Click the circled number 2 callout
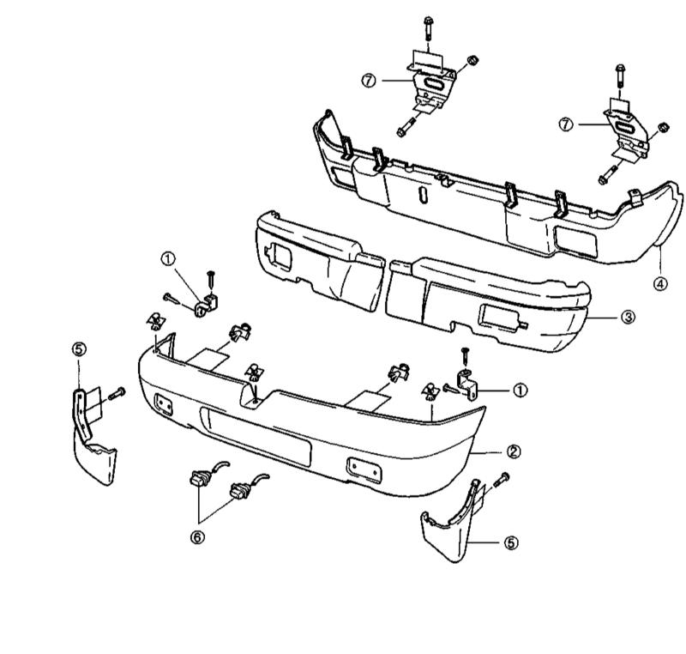pyautogui.click(x=513, y=451)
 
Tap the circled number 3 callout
pyautogui.click(x=629, y=317)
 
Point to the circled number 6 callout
pyautogui.click(x=198, y=541)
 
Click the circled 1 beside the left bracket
pyautogui.click(x=168, y=257)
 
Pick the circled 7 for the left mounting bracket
pyautogui.click(x=369, y=80)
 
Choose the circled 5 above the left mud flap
pyautogui.click(x=79, y=348)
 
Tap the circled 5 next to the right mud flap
pyautogui.click(x=511, y=542)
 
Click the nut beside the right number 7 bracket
pyautogui.click(x=662, y=129)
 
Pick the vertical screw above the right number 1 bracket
pyautogui.click(x=466, y=356)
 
